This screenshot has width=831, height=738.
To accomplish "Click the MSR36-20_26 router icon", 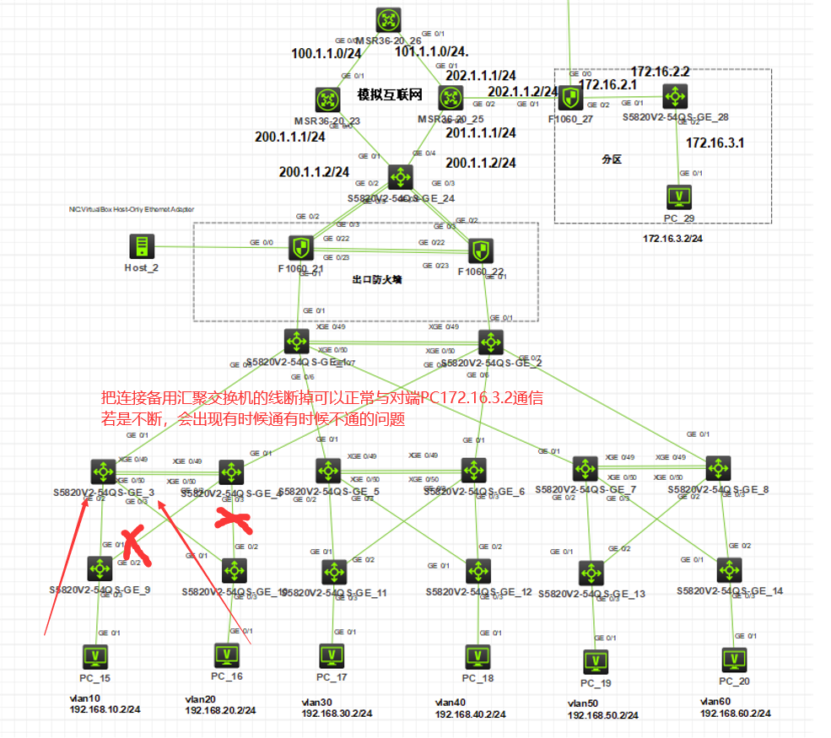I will tap(389, 20).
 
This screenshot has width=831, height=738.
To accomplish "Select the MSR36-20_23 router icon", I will tap(326, 100).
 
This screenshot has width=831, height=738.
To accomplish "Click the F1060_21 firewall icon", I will tap(300, 248).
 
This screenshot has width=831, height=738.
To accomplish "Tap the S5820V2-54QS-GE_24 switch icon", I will tap(399, 177).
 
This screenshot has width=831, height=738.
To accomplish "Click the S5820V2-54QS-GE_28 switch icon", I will tap(674, 95).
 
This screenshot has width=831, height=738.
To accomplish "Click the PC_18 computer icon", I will tap(478, 657).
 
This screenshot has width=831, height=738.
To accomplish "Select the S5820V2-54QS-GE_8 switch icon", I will tap(719, 468).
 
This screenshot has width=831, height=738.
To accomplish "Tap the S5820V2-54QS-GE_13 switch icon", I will tap(591, 573).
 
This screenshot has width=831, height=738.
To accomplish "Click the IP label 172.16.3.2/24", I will tap(672, 239).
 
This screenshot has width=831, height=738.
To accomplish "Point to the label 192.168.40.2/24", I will tap(470, 714).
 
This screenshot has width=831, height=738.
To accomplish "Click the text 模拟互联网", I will tap(389, 94).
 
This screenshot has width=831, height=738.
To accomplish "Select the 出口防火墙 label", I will tap(376, 279).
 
